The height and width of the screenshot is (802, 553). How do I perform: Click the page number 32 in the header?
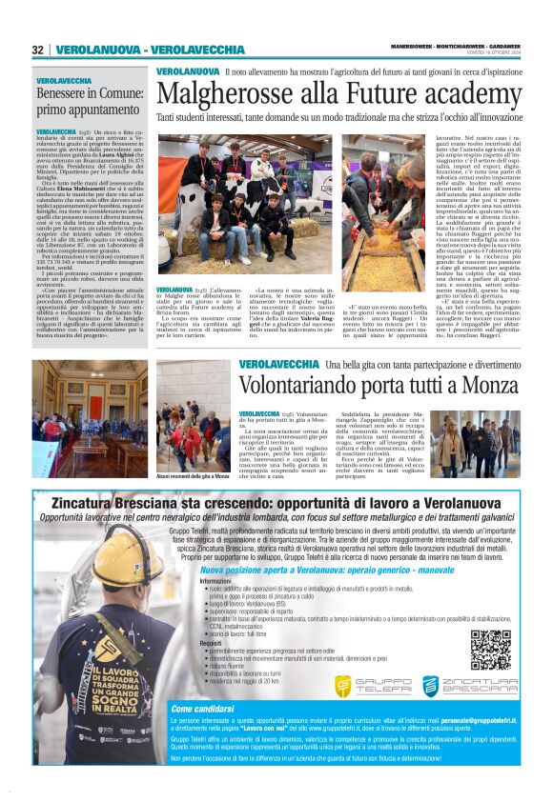[37, 50]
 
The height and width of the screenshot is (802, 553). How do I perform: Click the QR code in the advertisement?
[490, 650]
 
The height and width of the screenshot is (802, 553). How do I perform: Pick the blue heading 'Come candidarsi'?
[202, 709]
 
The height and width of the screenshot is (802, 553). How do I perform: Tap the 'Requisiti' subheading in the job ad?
[184, 642]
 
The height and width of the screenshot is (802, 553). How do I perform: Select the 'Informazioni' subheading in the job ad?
[189, 580]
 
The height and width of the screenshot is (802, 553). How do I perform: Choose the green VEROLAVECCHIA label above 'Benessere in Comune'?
[64, 81]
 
